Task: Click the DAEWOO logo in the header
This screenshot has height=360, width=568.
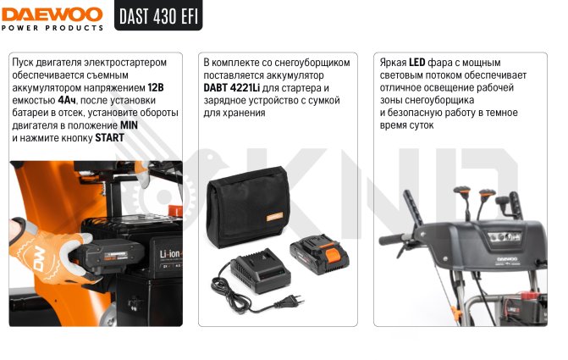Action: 52,15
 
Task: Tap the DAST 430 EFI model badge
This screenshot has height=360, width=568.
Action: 158,15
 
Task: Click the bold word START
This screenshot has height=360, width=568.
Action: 109,138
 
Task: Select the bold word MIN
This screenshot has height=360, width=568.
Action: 129,125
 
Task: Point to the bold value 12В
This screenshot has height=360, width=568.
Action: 156,87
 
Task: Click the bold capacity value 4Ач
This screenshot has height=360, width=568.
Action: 67,100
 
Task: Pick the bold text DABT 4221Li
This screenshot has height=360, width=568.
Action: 231,88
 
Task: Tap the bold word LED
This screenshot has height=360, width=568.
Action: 417,63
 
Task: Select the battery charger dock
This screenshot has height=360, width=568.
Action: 261,270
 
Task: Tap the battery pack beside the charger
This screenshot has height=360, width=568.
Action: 319,253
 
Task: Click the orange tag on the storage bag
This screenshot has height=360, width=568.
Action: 274,217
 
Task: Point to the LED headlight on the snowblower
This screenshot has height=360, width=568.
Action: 505,237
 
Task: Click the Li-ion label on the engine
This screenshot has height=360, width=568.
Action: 170,254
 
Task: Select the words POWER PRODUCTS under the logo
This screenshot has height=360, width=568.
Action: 52,28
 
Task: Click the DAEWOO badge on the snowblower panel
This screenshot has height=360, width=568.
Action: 507,259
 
